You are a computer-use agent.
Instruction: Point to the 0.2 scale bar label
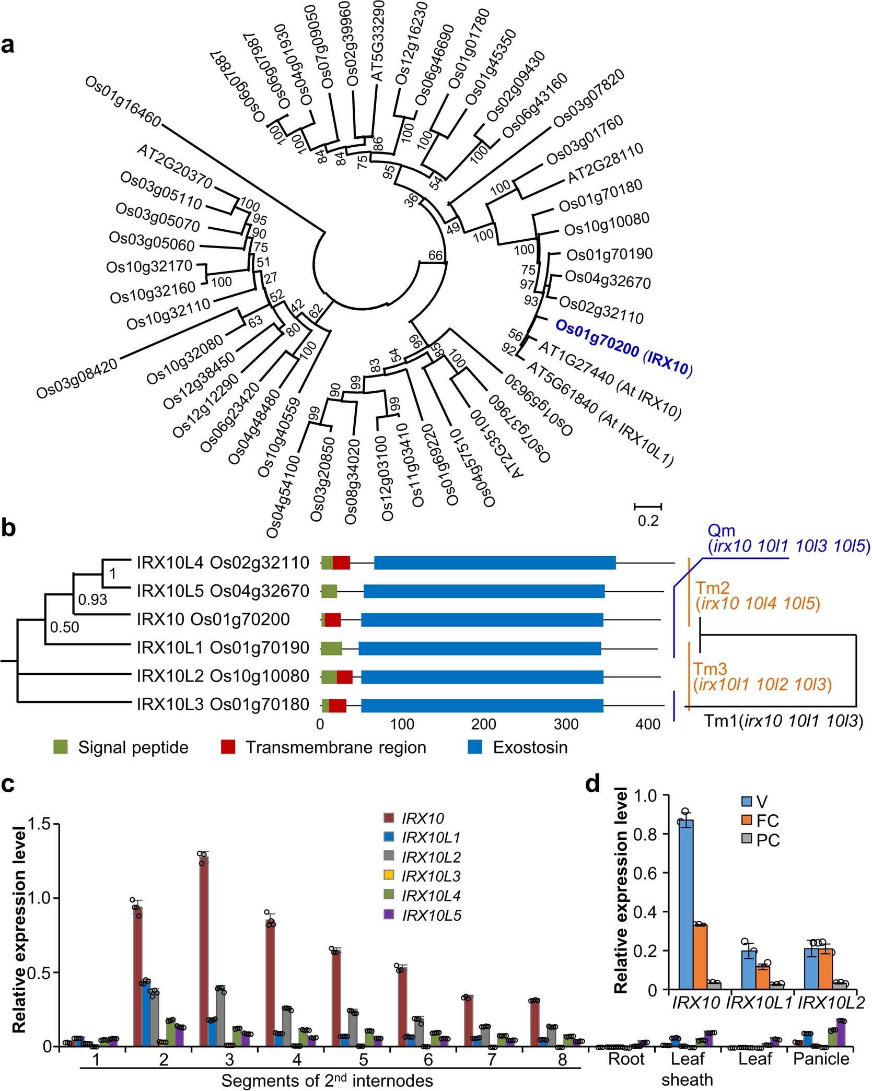click(x=648, y=521)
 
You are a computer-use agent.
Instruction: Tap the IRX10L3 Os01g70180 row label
click(x=223, y=705)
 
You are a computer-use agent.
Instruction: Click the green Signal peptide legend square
click(x=61, y=747)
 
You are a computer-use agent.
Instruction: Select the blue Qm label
click(x=721, y=531)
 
